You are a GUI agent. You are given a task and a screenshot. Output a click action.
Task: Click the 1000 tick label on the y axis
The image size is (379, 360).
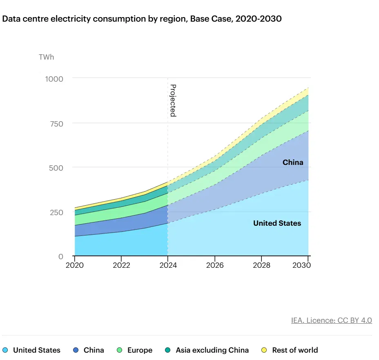(54, 79)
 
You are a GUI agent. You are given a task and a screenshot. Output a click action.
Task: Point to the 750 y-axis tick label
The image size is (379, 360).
(56, 124)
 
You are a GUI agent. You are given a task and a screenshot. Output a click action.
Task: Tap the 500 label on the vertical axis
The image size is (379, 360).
(56, 168)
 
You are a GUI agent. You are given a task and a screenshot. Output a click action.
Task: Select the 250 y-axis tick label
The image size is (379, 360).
(56, 212)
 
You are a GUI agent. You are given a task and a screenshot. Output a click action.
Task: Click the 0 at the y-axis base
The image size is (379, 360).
(61, 257)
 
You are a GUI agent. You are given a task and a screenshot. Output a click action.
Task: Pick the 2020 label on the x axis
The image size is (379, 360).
(75, 265)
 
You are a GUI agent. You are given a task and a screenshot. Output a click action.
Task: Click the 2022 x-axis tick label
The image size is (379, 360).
(122, 265)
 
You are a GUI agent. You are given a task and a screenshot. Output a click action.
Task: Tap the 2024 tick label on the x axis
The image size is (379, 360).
(168, 265)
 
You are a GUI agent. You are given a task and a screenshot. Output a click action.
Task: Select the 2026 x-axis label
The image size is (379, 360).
(215, 265)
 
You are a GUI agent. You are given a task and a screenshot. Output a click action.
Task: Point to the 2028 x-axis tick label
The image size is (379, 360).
(261, 265)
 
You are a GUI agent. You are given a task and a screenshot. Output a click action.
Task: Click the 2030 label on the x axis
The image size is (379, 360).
(302, 265)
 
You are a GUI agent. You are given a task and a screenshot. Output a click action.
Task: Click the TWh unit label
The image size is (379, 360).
(47, 57)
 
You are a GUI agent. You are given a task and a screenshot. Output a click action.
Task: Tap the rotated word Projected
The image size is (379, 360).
(173, 100)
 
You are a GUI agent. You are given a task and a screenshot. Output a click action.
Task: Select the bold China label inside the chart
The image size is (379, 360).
(293, 162)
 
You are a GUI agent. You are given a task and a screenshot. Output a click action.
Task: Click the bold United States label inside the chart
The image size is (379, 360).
(277, 223)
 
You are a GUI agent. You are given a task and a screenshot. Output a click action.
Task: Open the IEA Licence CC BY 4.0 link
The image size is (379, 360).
(332, 320)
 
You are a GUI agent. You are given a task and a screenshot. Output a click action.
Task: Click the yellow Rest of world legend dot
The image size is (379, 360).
(264, 350)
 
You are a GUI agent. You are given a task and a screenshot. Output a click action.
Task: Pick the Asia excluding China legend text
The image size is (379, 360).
(212, 350)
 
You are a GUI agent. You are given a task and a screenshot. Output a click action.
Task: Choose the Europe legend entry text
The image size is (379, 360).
(140, 350)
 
